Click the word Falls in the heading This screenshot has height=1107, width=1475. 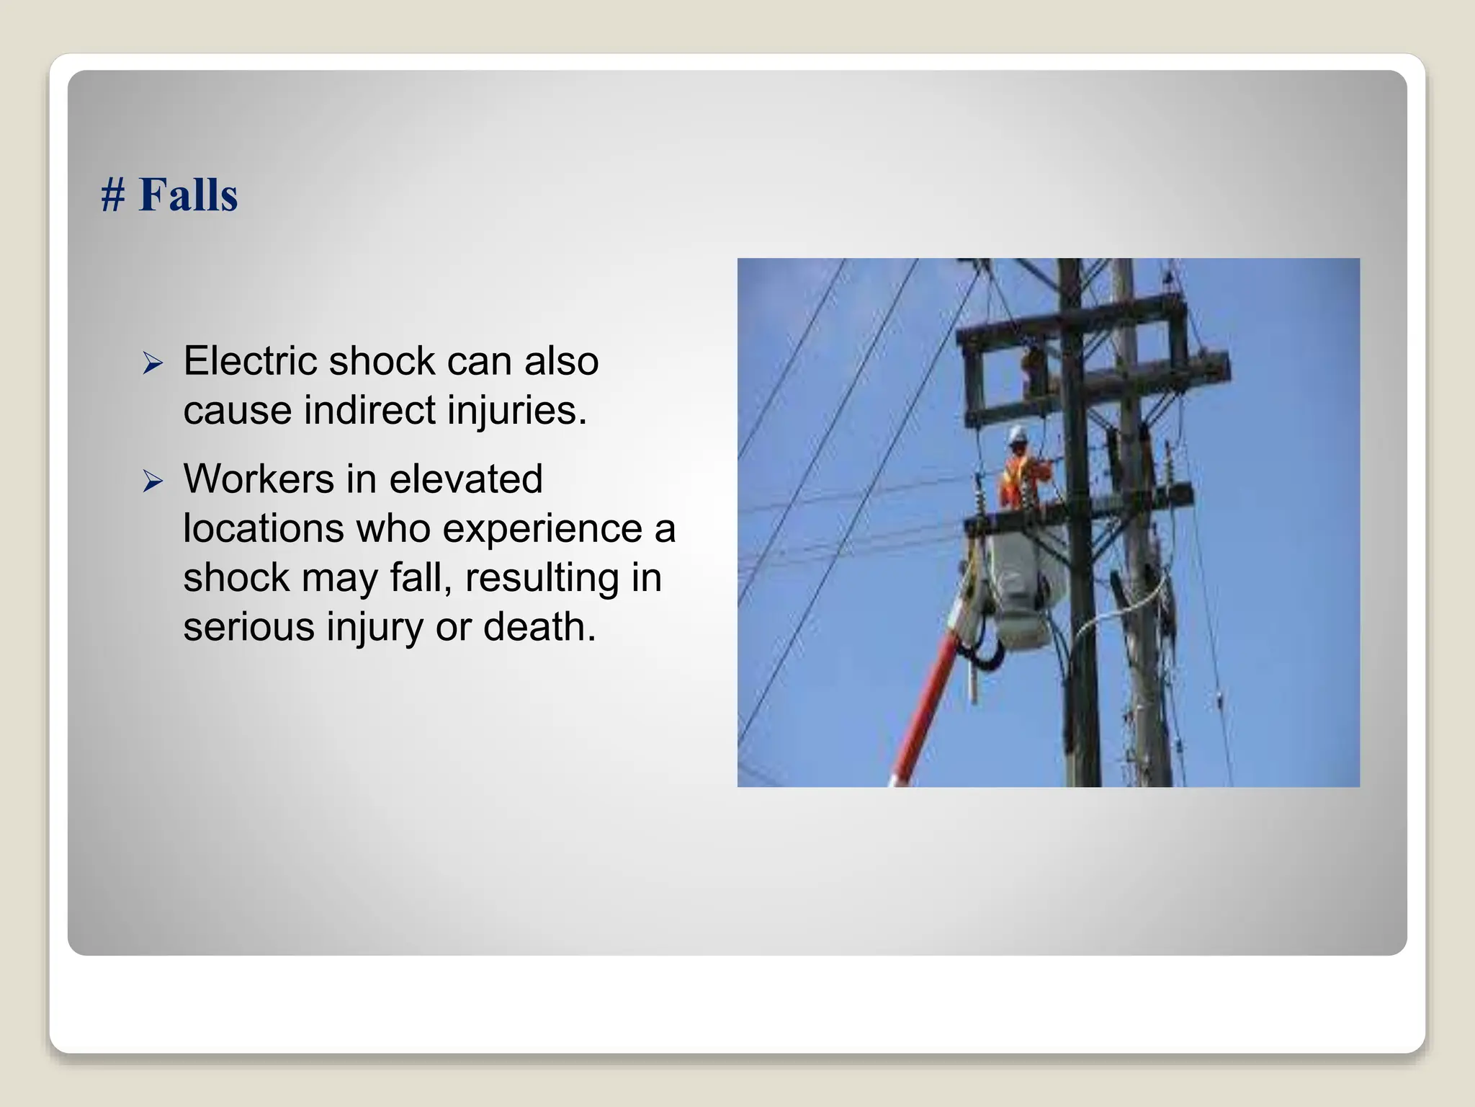pyautogui.click(x=188, y=195)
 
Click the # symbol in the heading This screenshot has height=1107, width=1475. pyautogui.click(x=113, y=195)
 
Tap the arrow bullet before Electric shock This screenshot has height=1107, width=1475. pyautogui.click(x=153, y=363)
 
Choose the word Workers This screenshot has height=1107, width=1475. pyautogui.click(x=259, y=479)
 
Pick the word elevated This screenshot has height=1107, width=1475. pyautogui.click(x=465, y=479)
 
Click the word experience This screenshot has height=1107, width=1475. pyautogui.click(x=542, y=530)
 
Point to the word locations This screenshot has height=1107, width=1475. pyautogui.click(x=264, y=528)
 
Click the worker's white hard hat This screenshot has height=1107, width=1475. pyautogui.click(x=1017, y=435)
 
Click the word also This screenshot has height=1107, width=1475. pyautogui.click(x=561, y=360)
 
